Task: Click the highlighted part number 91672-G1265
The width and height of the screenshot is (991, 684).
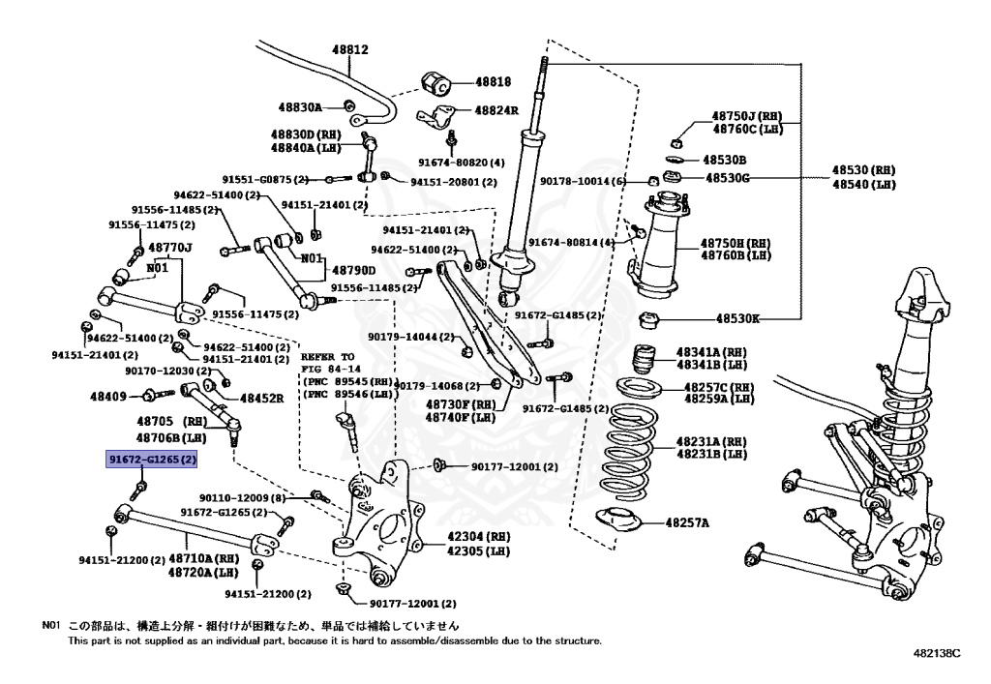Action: [151, 461]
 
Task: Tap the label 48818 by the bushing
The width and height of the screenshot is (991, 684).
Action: [493, 83]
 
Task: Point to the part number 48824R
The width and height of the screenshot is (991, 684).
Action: [495, 110]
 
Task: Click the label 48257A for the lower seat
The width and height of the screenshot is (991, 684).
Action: [686, 523]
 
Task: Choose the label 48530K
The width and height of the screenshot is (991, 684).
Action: [737, 317]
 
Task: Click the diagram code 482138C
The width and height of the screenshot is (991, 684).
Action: [936, 653]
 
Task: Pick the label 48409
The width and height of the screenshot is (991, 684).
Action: [109, 396]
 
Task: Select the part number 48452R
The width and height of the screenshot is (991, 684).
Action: [260, 398]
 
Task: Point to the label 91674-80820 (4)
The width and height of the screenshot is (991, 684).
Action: [462, 163]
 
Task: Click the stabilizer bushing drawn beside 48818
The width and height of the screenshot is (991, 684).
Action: [436, 82]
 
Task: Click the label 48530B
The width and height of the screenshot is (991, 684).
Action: [725, 159]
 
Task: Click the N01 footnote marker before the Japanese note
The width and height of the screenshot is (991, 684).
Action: [51, 625]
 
